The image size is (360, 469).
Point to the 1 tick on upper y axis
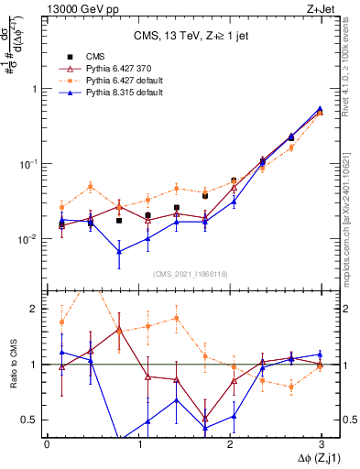(x=35, y=89)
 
